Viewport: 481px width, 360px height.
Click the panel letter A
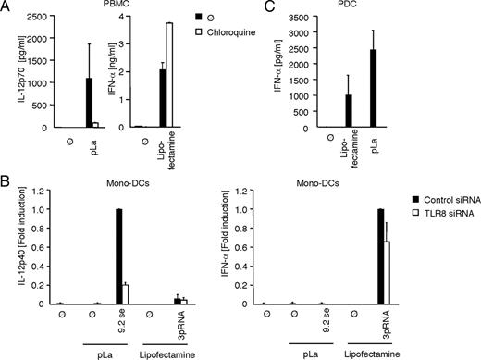pyautogui.click(x=6, y=7)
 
